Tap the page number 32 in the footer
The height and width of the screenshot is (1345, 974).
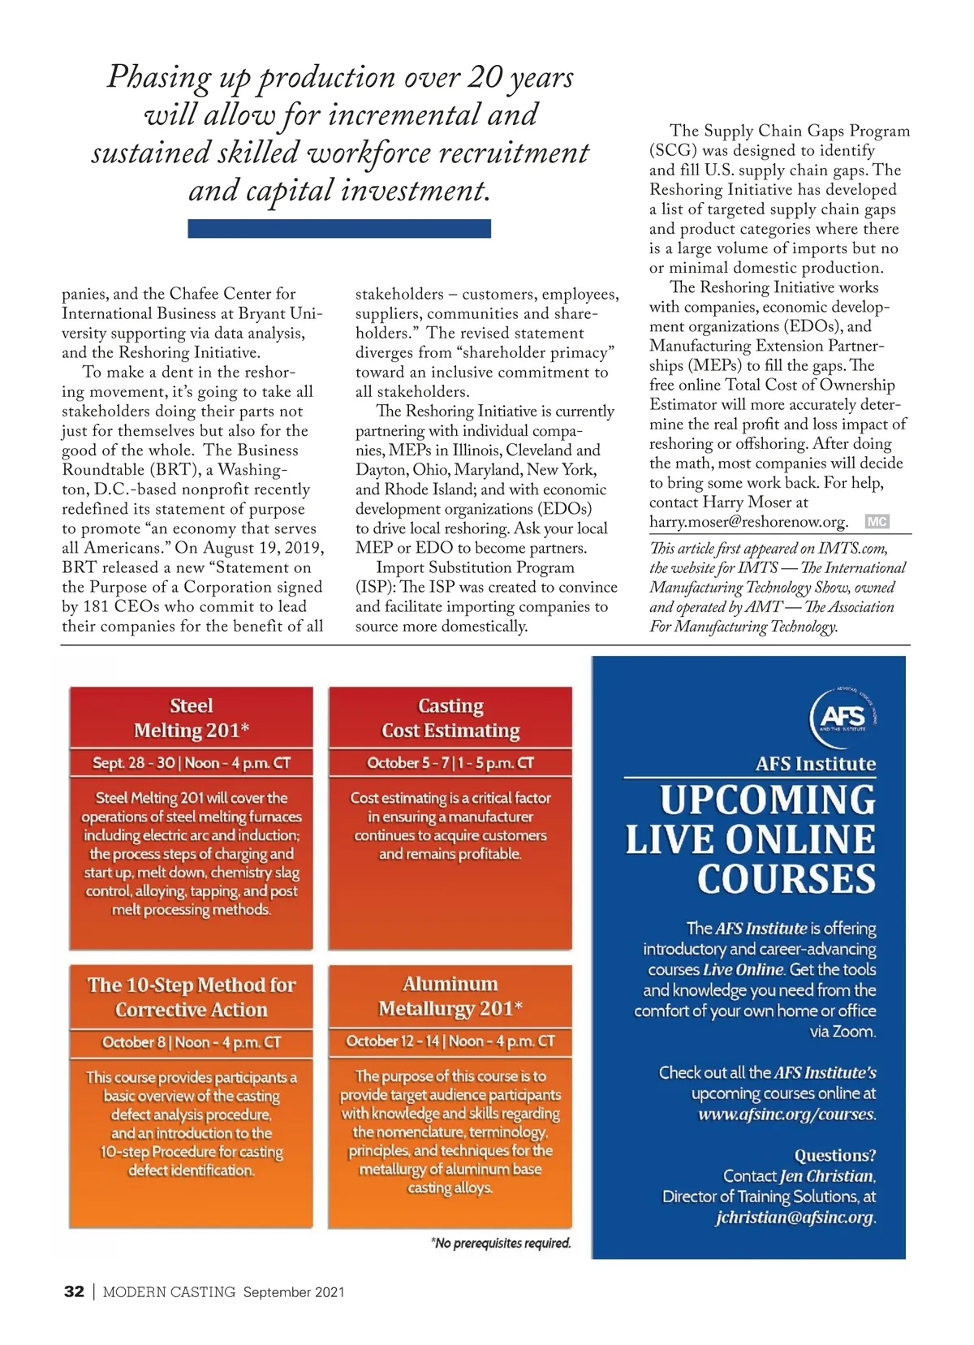(74, 1292)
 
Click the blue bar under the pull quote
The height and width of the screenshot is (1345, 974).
(339, 229)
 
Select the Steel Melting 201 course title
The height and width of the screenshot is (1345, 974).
(192, 718)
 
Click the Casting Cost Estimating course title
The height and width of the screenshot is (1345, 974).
(450, 718)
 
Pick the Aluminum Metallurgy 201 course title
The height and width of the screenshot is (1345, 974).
(450, 997)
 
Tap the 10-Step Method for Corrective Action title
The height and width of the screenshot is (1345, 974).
(192, 998)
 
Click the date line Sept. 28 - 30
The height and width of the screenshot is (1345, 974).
(192, 763)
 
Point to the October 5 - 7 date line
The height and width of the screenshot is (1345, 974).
(450, 763)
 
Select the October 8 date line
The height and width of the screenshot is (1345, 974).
(192, 1042)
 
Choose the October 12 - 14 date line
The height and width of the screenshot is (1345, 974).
(450, 1041)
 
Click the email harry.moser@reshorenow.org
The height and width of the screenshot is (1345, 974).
(748, 522)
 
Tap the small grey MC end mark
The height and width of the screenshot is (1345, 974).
(877, 522)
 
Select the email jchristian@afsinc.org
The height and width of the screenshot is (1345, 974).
(795, 1218)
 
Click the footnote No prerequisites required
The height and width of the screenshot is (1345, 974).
(501, 1244)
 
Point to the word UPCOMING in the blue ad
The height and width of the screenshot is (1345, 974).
(768, 800)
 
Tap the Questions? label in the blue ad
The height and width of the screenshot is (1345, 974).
(835, 1155)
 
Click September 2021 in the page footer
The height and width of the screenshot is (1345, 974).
(294, 1292)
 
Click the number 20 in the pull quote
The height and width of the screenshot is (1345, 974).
(485, 77)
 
